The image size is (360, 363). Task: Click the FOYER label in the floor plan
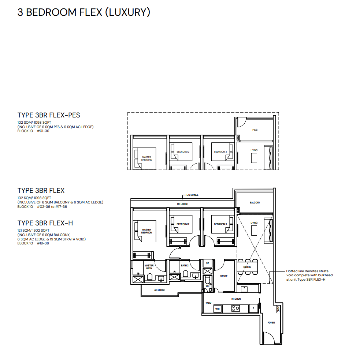[x=271, y=322]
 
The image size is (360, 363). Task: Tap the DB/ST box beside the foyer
[x=278, y=309]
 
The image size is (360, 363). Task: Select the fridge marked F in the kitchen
[x=253, y=308]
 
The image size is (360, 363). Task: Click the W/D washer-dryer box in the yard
[x=217, y=309]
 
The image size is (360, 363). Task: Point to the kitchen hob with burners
[x=235, y=308]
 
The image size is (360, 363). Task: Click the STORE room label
[x=224, y=276]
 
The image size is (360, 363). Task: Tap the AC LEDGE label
[x=160, y=290]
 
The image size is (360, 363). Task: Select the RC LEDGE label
[x=182, y=204]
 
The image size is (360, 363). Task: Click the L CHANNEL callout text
[x=193, y=195]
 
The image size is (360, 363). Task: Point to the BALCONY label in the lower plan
[x=255, y=203]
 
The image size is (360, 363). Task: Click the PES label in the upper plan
[x=255, y=130]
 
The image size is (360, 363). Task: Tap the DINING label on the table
[x=247, y=267]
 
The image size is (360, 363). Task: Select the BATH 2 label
[x=185, y=266]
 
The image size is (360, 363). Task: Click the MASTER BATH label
[x=149, y=267]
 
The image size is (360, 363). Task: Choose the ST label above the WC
[x=207, y=263]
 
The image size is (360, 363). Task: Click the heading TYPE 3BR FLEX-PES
[x=49, y=115]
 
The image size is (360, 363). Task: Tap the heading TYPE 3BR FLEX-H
[x=45, y=223]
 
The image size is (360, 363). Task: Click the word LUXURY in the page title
[x=128, y=12]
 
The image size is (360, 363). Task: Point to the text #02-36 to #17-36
[x=52, y=207]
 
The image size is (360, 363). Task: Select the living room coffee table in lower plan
[x=254, y=231]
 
